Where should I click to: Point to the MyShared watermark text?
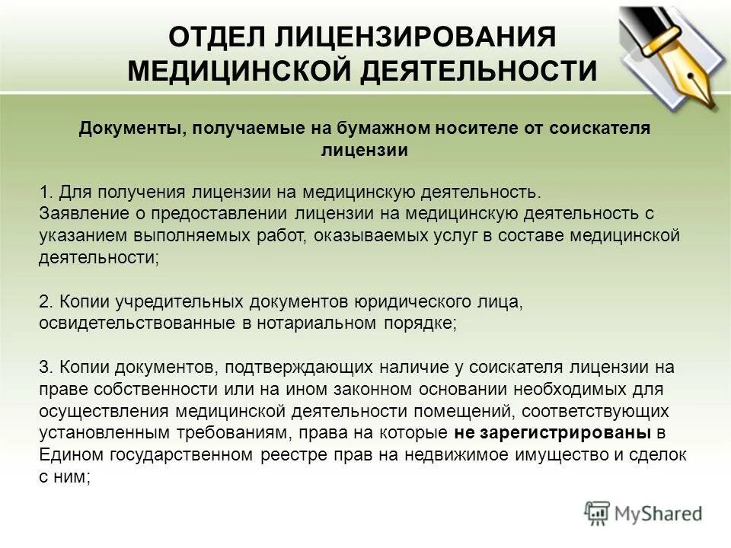point(659,514)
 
